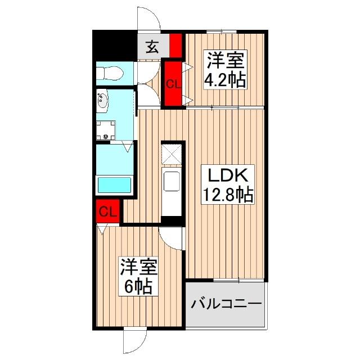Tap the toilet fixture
pyautogui.click(x=110, y=74)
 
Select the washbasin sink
pyautogui.click(x=102, y=101)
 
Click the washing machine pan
pyautogui.click(x=106, y=130)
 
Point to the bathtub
pyautogui.click(x=114, y=185)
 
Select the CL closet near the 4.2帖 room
pyautogui.click(x=173, y=84)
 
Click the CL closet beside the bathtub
pyautogui.click(x=107, y=211)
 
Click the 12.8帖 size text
pyautogui.click(x=228, y=195)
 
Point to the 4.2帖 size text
pyautogui.click(x=225, y=80)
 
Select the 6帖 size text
pyautogui.click(x=138, y=287)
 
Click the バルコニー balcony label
pyautogui.click(x=226, y=304)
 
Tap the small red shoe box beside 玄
pyautogui.click(x=175, y=46)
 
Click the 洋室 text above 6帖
pyautogui.click(x=139, y=268)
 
